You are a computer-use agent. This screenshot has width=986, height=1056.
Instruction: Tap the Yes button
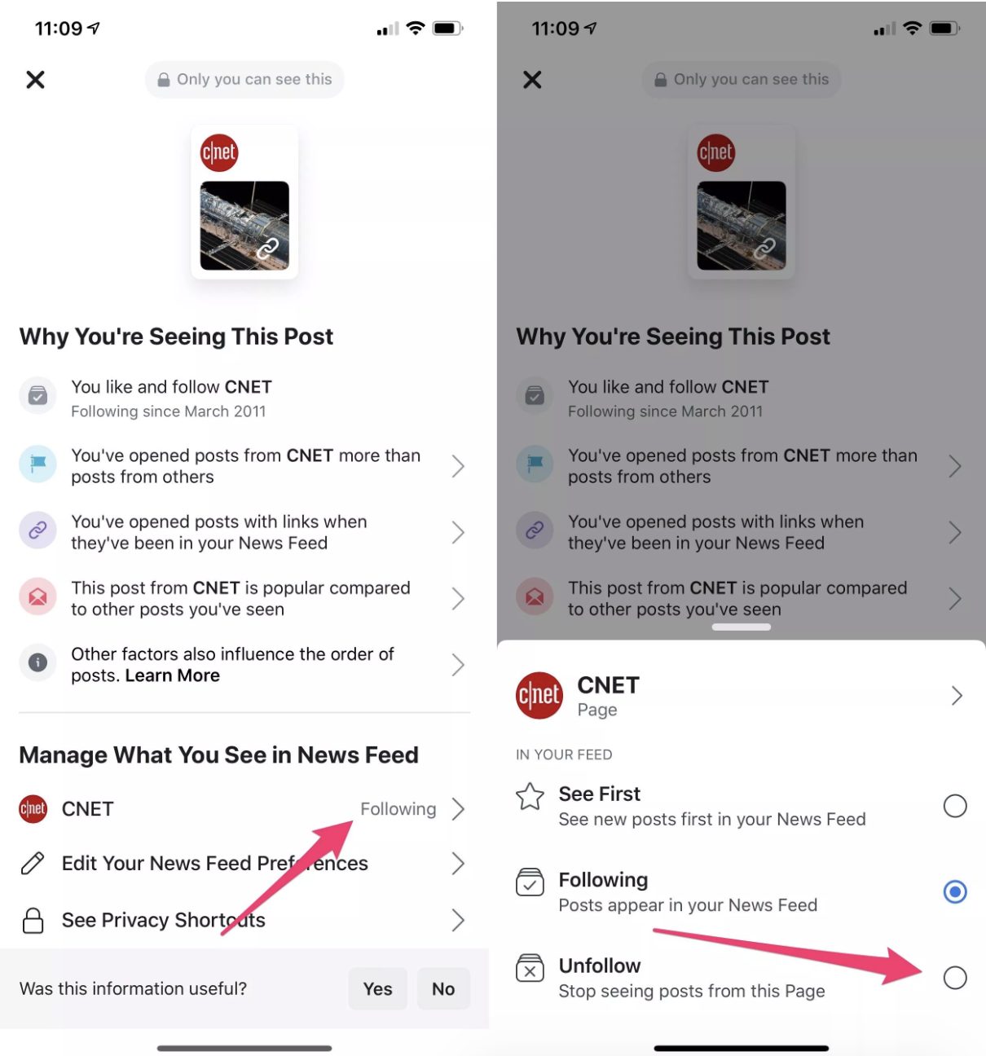pyautogui.click(x=377, y=988)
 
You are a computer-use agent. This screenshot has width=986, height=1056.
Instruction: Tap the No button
pyautogui.click(x=443, y=988)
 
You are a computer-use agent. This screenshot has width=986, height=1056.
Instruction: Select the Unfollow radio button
pyautogui.click(x=954, y=977)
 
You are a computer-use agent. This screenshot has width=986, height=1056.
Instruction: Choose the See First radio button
pyautogui.click(x=954, y=806)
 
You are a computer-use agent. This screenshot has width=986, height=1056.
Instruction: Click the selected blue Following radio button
pyautogui.click(x=954, y=891)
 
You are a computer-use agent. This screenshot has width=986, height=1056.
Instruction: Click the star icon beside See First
pyautogui.click(x=530, y=796)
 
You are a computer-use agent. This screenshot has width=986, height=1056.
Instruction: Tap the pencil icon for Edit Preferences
pyautogui.click(x=33, y=863)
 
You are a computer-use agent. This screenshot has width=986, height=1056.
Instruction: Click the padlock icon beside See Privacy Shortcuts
pyautogui.click(x=33, y=920)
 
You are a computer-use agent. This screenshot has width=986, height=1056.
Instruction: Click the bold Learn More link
pyautogui.click(x=172, y=675)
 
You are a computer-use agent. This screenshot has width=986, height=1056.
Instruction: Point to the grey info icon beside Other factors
pyautogui.click(x=37, y=662)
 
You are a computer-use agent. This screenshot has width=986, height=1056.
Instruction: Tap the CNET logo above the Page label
pyautogui.click(x=539, y=695)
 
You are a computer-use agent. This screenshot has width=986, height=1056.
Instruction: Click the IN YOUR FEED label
pyautogui.click(x=564, y=755)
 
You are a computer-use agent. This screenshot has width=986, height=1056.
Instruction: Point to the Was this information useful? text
pyautogui.click(x=133, y=988)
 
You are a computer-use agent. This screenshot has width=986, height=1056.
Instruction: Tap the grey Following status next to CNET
pyautogui.click(x=398, y=809)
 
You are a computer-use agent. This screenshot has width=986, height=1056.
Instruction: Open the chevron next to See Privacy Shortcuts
pyautogui.click(x=458, y=920)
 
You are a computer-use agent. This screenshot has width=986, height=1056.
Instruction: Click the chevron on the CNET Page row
pyautogui.click(x=957, y=695)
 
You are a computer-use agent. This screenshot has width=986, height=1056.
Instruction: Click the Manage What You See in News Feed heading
pyautogui.click(x=218, y=755)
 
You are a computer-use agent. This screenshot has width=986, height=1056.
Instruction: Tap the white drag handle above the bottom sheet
pyautogui.click(x=741, y=627)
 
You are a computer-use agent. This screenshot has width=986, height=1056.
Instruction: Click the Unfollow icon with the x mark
pyautogui.click(x=530, y=968)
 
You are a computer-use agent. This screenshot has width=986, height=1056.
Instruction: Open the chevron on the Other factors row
pyautogui.click(x=458, y=665)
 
